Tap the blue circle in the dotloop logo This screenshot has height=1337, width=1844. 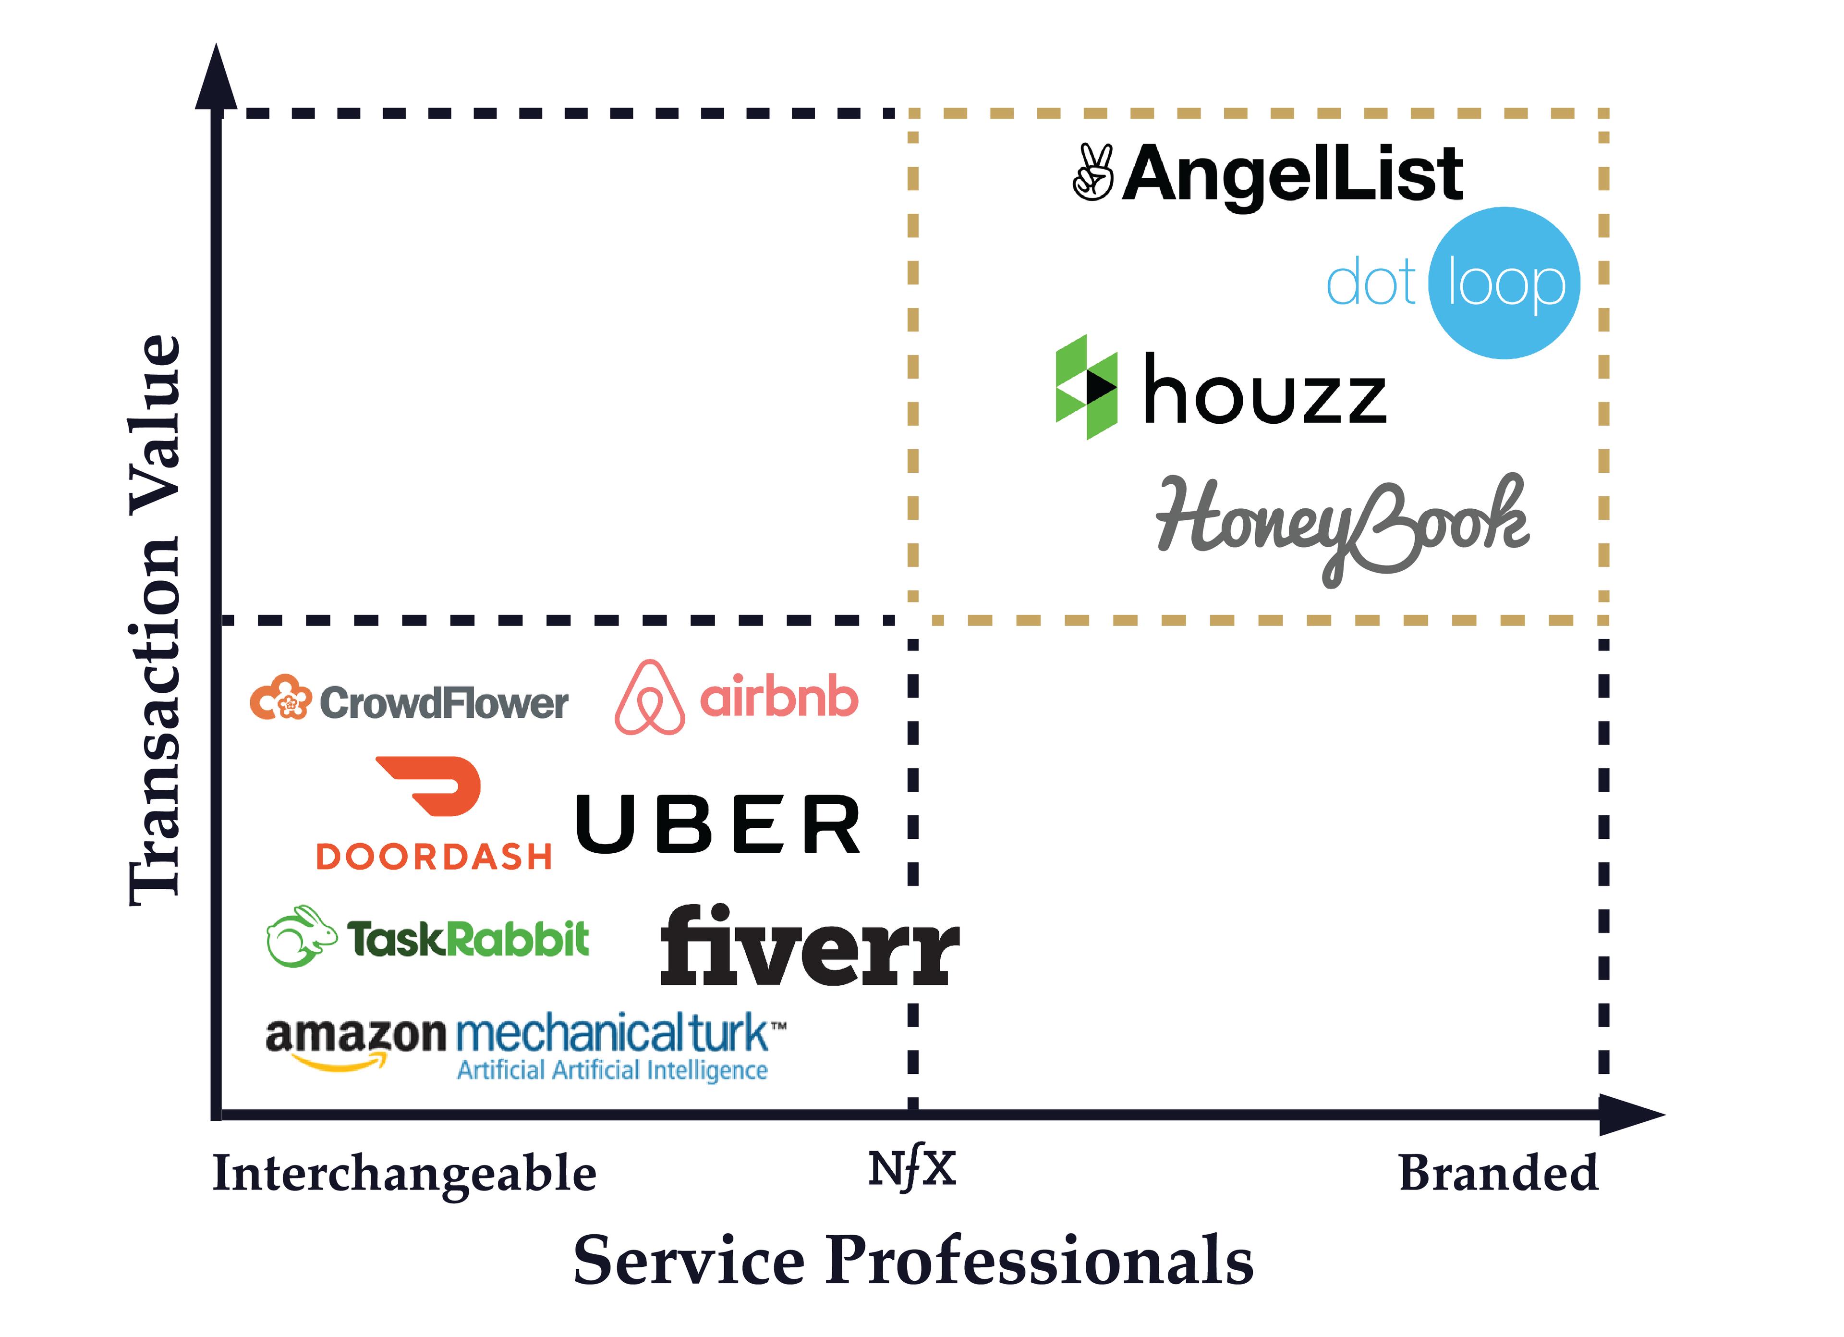pyautogui.click(x=1504, y=283)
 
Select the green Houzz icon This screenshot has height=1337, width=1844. pyautogui.click(x=1086, y=387)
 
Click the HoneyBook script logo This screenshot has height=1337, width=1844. pyautogui.click(x=1342, y=525)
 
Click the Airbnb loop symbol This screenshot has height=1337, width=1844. pyautogui.click(x=650, y=698)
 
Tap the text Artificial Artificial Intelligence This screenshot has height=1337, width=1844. pyautogui.click(x=611, y=1070)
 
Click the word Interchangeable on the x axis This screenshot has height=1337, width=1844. pyautogui.click(x=404, y=1174)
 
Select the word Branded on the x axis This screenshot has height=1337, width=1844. pyautogui.click(x=1498, y=1174)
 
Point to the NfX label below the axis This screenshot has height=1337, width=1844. pyautogui.click(x=911, y=1169)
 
